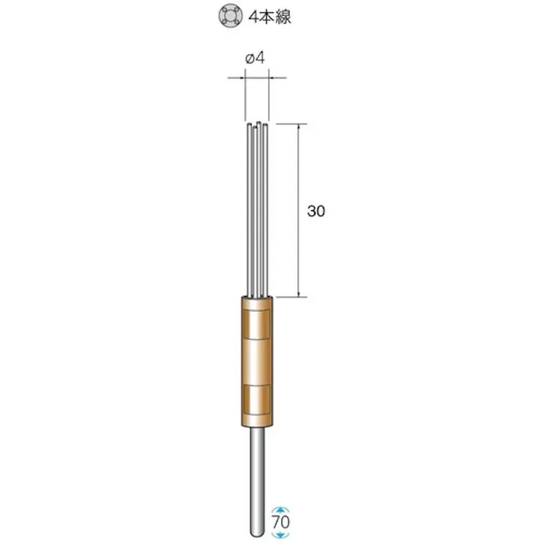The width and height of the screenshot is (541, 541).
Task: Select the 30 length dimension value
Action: (316, 212)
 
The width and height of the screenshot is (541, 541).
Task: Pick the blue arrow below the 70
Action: (282, 535)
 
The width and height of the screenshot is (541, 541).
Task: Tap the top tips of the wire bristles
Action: (257, 124)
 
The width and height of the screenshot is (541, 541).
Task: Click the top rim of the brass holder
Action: (257, 298)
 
